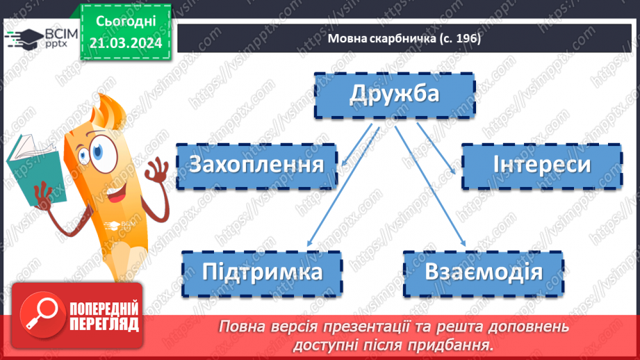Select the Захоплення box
pos(257,166)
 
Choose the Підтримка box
pos(263,272)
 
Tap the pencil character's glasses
pos(97,149)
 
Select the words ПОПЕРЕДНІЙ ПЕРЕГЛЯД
pos(103,316)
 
